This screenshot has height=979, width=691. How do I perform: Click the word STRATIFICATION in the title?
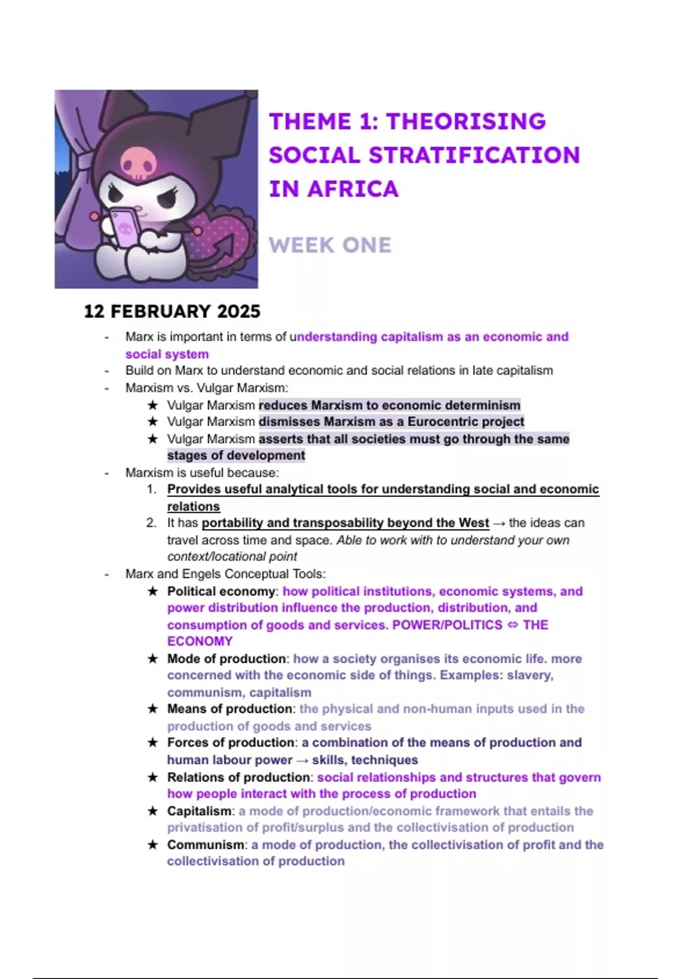pos(474,155)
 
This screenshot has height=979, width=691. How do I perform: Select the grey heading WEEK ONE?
pos(330,245)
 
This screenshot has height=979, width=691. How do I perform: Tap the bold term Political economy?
pos(221,591)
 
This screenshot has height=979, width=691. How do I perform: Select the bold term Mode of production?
pos(226,659)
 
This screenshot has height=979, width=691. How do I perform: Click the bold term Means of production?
pos(229,709)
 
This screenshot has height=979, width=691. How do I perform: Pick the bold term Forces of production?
pos(231,743)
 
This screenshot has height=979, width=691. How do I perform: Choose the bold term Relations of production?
pos(238,777)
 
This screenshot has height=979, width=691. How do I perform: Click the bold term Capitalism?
pos(199,811)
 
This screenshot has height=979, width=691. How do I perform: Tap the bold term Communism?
pos(205,845)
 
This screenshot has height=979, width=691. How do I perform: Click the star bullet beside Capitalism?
pos(153,811)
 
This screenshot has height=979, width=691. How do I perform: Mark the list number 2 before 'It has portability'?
pos(151,523)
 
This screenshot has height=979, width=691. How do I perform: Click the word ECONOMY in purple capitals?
pos(200,642)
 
